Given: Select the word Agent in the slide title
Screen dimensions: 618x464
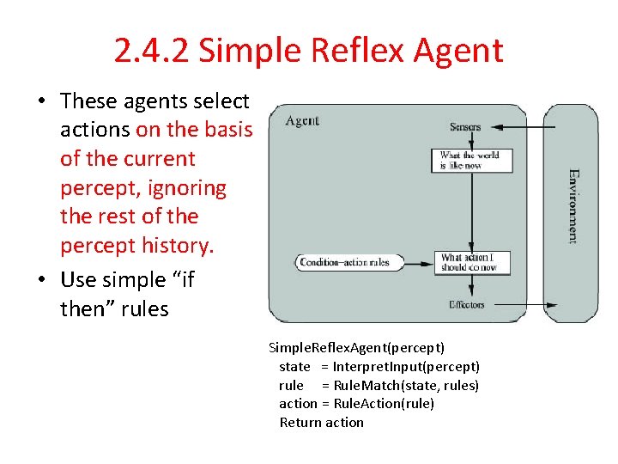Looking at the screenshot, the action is pyautogui.click(x=457, y=51).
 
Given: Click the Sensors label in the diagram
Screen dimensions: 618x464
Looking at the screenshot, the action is pyautogui.click(x=465, y=127).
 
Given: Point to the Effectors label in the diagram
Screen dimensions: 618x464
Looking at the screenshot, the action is pyautogui.click(x=466, y=304).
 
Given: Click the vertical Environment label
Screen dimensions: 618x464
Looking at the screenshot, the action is pyautogui.click(x=573, y=206).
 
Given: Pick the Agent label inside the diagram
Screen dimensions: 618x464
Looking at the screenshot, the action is pyautogui.click(x=303, y=120).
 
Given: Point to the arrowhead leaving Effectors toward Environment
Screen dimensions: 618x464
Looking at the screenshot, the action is pyautogui.click(x=551, y=304).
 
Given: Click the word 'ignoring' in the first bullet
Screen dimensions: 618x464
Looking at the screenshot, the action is pyautogui.click(x=185, y=187).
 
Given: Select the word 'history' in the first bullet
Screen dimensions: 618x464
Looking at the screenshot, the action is pyautogui.click(x=178, y=245).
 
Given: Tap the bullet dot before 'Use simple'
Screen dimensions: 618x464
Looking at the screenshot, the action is pyautogui.click(x=41, y=280).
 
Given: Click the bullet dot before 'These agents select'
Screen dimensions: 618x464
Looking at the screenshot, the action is pyautogui.click(x=41, y=101).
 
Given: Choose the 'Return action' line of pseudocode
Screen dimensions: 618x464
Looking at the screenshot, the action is pyautogui.click(x=322, y=422).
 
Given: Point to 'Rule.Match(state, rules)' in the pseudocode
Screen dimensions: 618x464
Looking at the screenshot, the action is pyautogui.click(x=406, y=385).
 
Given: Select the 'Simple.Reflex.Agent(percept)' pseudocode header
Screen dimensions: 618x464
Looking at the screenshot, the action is pyautogui.click(x=356, y=347).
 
